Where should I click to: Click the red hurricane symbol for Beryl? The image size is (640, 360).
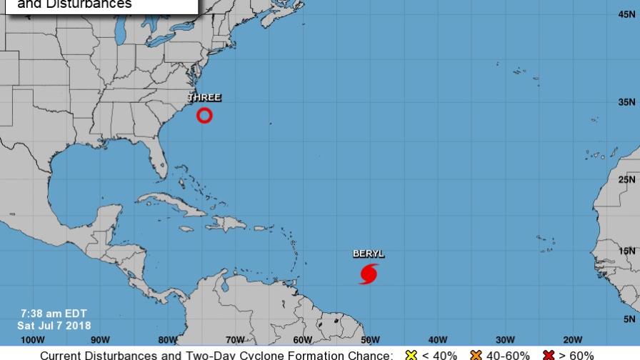369,273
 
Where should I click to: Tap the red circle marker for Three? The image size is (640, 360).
204,115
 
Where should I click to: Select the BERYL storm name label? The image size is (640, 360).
369,254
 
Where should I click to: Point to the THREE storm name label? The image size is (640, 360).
204,98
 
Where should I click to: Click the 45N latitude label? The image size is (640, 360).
628,14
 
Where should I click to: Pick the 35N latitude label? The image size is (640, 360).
628,103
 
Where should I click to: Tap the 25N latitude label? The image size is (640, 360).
628,179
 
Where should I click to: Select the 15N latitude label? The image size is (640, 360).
628,251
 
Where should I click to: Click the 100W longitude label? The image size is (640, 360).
33,339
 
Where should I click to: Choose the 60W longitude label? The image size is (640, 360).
302,339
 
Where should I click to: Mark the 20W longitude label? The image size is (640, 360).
572,339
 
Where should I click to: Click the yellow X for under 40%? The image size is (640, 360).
410,355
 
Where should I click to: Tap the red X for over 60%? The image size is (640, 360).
549,355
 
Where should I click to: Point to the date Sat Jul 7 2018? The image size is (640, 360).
54,326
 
